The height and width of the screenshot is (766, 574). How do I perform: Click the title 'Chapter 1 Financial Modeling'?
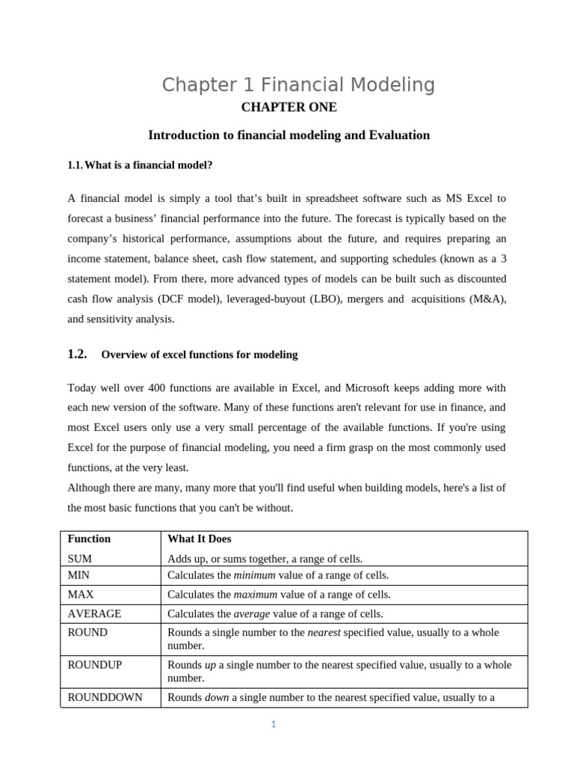tap(298, 85)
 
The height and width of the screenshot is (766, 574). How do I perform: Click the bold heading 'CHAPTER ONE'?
tap(288, 108)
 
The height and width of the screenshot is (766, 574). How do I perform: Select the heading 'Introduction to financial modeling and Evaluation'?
tap(288, 135)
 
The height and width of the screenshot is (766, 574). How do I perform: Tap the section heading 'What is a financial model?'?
tap(153, 165)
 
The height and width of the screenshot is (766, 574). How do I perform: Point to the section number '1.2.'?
tap(77, 355)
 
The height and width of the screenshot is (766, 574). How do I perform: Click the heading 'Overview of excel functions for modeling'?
tap(199, 355)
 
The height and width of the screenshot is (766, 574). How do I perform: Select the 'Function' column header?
tap(89, 539)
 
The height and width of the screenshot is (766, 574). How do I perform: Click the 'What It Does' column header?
tap(199, 539)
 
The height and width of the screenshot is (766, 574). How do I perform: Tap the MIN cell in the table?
tap(78, 575)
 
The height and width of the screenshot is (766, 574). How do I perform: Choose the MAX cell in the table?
tap(80, 595)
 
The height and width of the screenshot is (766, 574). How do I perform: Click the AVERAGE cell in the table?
tap(94, 613)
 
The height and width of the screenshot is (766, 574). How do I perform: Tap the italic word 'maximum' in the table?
tap(255, 595)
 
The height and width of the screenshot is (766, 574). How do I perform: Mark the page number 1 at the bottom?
tap(274, 724)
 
